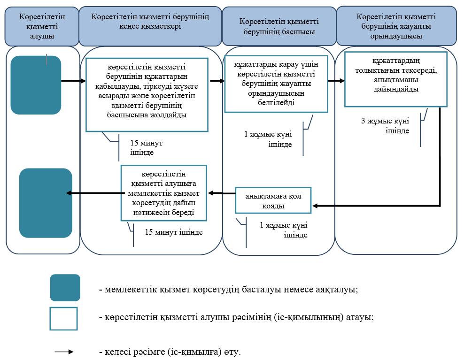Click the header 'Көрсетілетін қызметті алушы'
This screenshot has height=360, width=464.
pos(42,26)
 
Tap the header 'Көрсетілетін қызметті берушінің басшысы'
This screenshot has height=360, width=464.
pos(279,26)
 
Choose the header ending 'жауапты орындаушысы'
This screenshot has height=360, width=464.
pos(396,26)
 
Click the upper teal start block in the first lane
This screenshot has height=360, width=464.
pos(36,85)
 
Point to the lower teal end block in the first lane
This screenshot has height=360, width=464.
pos(46,203)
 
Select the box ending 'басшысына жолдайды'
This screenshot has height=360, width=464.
pos(147,95)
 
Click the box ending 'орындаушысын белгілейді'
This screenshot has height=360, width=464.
pos(276,84)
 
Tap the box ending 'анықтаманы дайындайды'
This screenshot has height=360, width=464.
pos(395,79)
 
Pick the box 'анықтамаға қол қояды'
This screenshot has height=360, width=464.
pos(273,200)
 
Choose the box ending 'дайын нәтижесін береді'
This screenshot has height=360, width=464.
pos(163,193)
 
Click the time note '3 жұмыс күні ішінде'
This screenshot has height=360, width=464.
pos(385,126)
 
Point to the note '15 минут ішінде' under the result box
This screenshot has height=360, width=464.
pos(174,232)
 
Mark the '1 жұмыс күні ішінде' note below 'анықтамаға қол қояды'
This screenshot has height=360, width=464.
pos(284,230)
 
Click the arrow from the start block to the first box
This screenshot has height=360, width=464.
pos(73,81)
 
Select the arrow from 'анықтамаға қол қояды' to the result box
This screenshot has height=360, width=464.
pos(222,193)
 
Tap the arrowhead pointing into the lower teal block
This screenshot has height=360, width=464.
pos(69,193)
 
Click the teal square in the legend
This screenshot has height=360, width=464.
pos(65,288)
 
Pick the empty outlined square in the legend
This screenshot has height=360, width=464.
pos(63,319)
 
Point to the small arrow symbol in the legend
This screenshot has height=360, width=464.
pos(64,352)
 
